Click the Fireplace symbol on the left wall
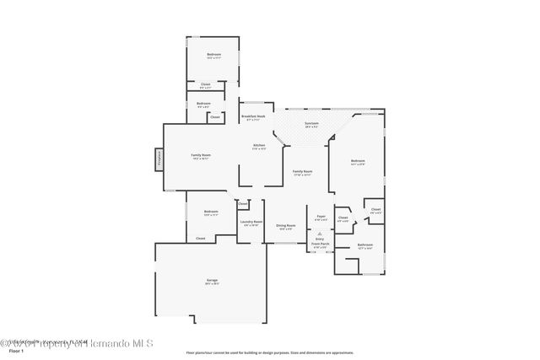pyautogui.click(x=158, y=159)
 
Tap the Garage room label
pyautogui.click(x=212, y=280)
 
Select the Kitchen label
pyautogui.click(x=259, y=145)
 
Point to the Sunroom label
pyautogui.click(x=311, y=124)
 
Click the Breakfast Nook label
pyautogui.click(x=253, y=116)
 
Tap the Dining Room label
pyautogui.click(x=286, y=225)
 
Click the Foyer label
pyautogui.click(x=321, y=217)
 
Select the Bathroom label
pyautogui.click(x=364, y=245)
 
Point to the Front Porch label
pyautogui.click(x=321, y=244)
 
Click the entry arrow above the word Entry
pyautogui.click(x=320, y=231)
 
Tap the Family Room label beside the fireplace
pyautogui.click(x=201, y=155)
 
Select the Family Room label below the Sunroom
pyautogui.click(x=302, y=171)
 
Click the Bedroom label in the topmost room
pyautogui.click(x=213, y=55)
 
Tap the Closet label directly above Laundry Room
pyautogui.click(x=243, y=203)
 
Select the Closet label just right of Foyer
pyautogui.click(x=343, y=218)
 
